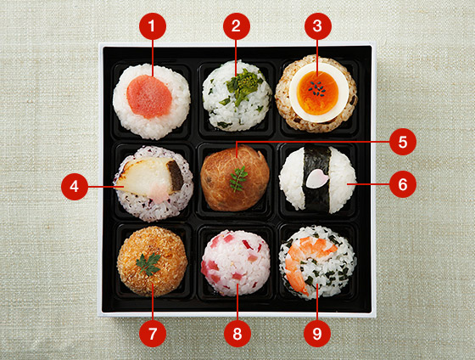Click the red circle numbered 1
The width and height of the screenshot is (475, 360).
coord(153,26)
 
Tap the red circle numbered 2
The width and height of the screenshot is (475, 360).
coord(237,26)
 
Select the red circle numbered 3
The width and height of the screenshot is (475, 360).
coord(318,26)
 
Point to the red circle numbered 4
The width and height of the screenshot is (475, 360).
coord(75,187)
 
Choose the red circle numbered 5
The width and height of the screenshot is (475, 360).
coord(403,142)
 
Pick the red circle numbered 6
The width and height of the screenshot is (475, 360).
coord(403,184)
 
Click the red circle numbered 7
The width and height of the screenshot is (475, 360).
coord(153,334)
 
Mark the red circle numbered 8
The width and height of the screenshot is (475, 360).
coord(237,334)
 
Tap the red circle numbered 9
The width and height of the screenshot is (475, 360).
coord(317,334)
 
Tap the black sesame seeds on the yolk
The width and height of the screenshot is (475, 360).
coord(317,88)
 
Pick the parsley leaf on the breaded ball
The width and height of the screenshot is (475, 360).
coord(148,264)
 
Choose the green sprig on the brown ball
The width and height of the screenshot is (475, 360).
coord(238,179)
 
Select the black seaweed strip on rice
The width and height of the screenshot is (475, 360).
coord(317,179)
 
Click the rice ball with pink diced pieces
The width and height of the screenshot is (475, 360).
coord(236,263)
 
